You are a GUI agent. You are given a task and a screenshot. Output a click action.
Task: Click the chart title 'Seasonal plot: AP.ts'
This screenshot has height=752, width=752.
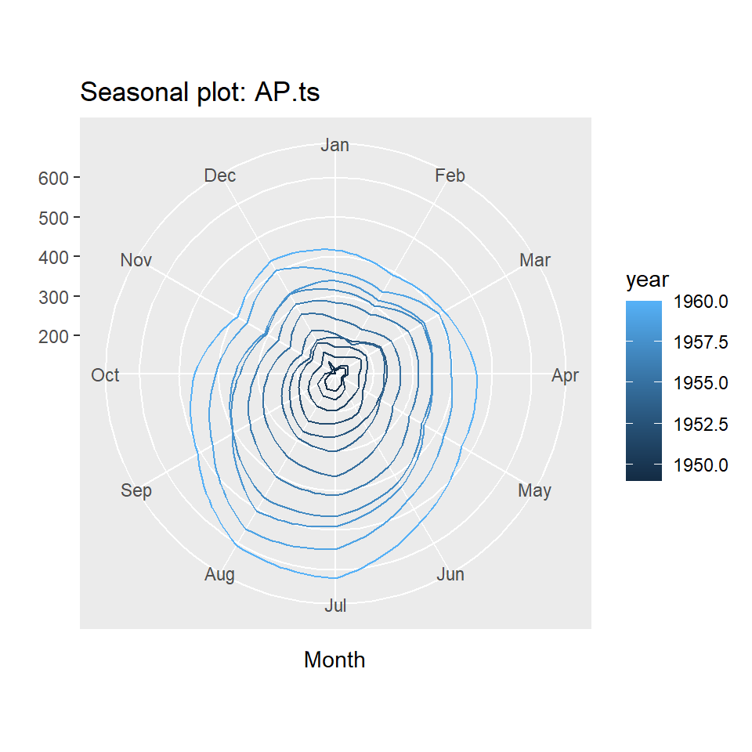(x=200, y=92)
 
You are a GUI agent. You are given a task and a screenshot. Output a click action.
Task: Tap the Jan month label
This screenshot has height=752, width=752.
(x=334, y=145)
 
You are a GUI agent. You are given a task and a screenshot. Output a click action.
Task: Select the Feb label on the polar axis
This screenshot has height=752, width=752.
(x=450, y=175)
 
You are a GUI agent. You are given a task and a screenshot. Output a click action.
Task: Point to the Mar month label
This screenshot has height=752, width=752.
(x=535, y=260)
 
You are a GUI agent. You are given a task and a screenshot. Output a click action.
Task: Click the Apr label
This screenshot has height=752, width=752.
(x=565, y=375)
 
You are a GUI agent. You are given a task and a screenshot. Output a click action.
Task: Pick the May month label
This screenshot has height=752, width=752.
(x=535, y=490)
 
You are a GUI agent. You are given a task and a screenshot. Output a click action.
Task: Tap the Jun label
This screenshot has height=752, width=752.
(x=450, y=574)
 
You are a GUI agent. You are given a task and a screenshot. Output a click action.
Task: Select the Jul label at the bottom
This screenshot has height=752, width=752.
(x=335, y=606)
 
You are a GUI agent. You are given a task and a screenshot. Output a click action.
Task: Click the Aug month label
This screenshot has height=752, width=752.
(x=219, y=574)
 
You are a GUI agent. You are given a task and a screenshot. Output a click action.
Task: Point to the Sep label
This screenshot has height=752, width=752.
(x=136, y=490)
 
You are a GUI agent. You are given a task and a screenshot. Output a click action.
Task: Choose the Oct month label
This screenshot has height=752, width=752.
(x=105, y=375)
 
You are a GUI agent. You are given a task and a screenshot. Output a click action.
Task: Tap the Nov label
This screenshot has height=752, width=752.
(x=136, y=260)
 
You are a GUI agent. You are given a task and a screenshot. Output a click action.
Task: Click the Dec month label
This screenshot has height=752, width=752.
(x=219, y=175)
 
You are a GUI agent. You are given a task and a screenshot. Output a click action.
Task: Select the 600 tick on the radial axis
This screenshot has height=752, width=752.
(x=53, y=179)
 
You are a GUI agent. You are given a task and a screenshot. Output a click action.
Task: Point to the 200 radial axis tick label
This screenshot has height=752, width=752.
(x=53, y=337)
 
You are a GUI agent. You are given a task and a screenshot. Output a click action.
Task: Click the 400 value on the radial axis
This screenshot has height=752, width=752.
(x=53, y=258)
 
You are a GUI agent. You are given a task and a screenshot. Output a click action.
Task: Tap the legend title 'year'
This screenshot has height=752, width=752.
(x=647, y=280)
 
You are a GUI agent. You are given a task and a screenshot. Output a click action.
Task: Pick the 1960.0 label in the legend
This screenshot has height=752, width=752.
(x=700, y=302)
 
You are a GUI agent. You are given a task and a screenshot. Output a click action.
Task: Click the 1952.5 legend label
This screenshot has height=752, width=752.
(x=700, y=425)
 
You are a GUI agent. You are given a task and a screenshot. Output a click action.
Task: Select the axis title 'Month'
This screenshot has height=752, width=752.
(x=334, y=660)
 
